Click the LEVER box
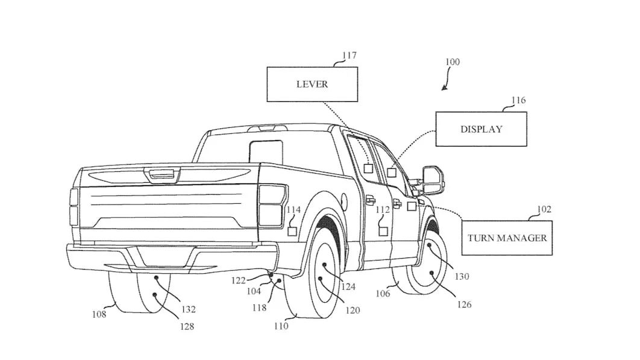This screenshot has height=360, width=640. [312, 84]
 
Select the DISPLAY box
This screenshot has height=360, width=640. [481, 129]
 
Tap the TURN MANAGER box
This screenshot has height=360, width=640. [507, 238]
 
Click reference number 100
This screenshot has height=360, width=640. [452, 62]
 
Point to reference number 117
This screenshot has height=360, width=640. [349, 55]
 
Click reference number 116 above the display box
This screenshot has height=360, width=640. [518, 100]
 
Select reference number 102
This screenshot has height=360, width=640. [544, 209]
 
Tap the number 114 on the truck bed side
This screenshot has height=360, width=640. [293, 210]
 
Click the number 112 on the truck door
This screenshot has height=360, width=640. [383, 210]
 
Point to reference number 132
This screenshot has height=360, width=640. [189, 309]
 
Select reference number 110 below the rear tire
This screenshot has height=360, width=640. [281, 326]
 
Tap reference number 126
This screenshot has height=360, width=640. [464, 305]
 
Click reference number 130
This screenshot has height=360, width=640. [462, 277]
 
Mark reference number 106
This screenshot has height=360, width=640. [383, 294]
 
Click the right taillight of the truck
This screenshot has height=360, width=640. [271, 205]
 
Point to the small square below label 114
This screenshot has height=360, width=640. [292, 231]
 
